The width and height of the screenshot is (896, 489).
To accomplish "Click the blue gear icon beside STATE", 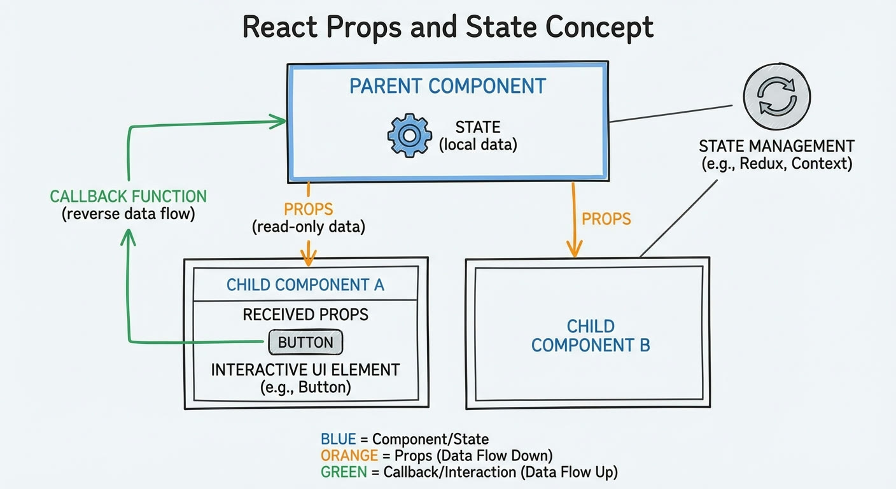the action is coord(409,135).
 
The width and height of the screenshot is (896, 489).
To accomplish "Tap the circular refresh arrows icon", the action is coord(777,96).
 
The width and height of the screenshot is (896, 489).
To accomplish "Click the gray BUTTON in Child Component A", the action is coord(305,342).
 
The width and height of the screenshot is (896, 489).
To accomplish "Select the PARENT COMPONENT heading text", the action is coord(447,86).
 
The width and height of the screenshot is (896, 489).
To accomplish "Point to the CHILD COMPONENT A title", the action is coord(305,285).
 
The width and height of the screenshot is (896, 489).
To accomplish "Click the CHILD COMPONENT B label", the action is coord(591,336).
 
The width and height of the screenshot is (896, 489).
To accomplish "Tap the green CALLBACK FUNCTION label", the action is coord(128,197).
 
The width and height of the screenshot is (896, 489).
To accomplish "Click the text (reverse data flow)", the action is coord(128,214).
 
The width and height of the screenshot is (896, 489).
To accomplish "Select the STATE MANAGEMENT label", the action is coord(776,146).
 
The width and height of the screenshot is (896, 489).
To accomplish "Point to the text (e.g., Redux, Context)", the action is coord(777,164).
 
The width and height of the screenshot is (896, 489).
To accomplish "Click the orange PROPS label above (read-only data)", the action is coord(309,209).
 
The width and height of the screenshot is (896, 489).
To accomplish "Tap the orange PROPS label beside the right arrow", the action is coord(606,219).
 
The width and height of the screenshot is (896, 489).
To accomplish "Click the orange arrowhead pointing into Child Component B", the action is coord(575,248).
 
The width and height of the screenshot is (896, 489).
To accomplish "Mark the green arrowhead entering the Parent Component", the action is coord(278,121).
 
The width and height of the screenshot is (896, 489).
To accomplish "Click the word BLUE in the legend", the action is coord(338,439).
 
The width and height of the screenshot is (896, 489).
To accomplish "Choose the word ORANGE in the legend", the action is coord(349,455).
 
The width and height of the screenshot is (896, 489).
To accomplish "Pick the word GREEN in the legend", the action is coord(344,472).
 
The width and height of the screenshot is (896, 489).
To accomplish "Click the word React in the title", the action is coord(279,27).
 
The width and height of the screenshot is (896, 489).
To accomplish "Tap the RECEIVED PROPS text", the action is coord(305,315).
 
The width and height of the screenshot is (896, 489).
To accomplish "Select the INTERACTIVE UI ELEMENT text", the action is coord(305,370).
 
